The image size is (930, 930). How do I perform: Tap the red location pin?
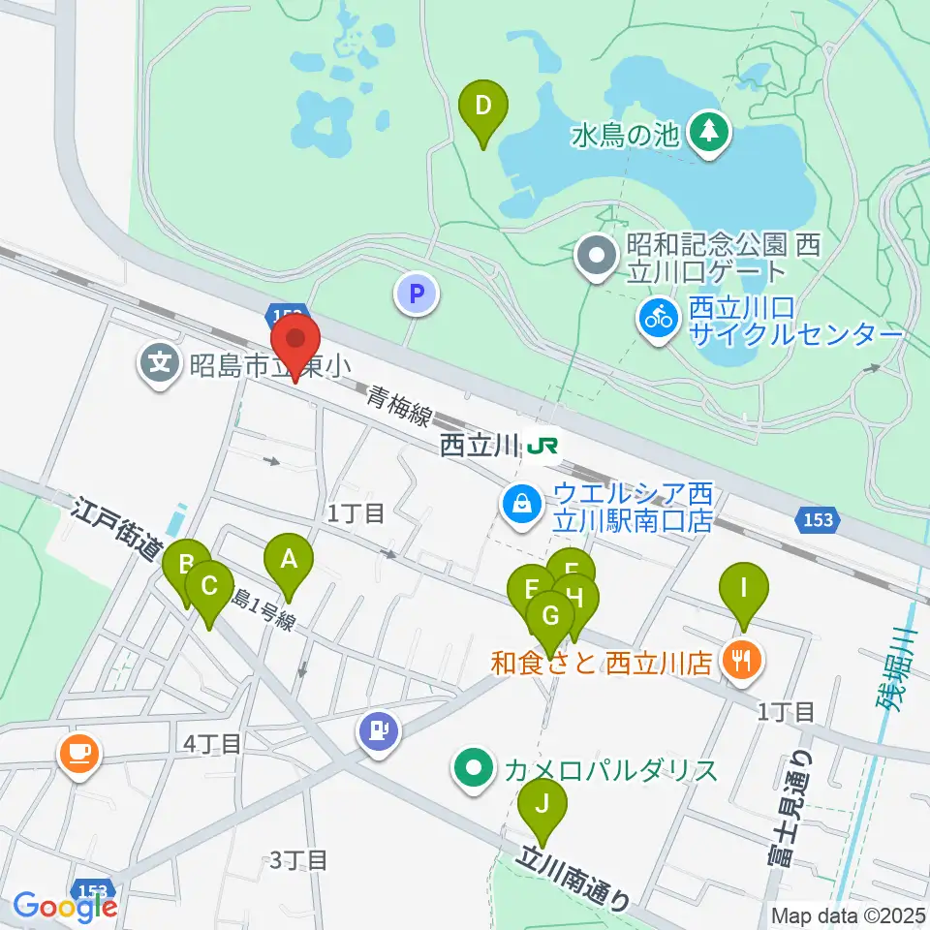[x=295, y=344]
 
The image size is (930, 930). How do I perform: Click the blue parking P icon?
[x=418, y=294]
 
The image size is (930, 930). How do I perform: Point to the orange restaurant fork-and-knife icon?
[x=743, y=663]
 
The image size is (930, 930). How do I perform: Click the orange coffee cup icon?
[x=78, y=755]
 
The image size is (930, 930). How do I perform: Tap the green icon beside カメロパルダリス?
[x=474, y=770]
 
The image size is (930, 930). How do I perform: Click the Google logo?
[x=65, y=907]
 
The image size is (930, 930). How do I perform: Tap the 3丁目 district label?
[x=297, y=859]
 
